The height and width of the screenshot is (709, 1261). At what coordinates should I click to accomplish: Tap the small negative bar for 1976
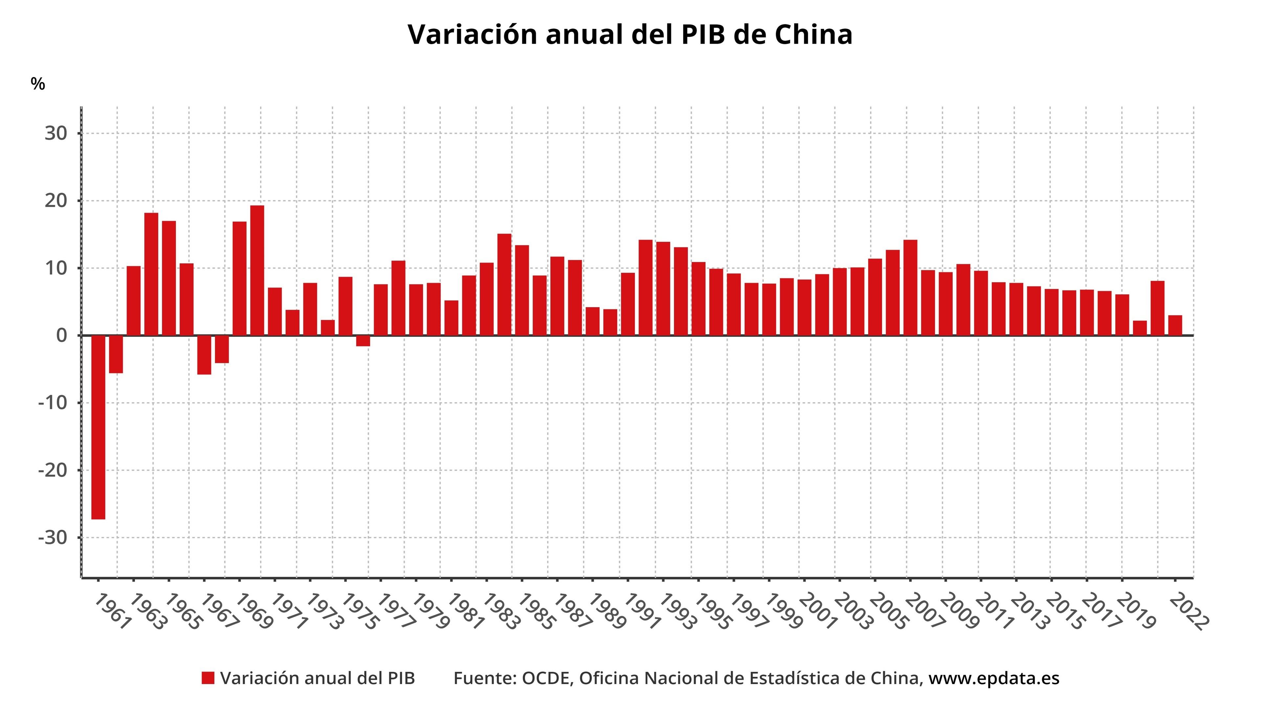[x=363, y=341]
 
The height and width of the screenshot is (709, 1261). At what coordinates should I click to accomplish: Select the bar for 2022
[x=1175, y=325]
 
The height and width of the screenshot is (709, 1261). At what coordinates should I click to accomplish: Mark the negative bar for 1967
[x=204, y=355]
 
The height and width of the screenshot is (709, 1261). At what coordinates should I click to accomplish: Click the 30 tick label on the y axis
[x=56, y=133]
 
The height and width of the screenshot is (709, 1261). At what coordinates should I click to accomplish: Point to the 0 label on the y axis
[x=62, y=336]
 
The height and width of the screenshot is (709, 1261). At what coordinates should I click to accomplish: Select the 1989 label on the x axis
[x=607, y=612]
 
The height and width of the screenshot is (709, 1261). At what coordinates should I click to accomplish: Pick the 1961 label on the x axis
[x=113, y=612]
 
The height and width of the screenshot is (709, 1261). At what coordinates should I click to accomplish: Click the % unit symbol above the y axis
[x=38, y=84]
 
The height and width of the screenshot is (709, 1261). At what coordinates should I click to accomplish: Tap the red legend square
[x=208, y=678]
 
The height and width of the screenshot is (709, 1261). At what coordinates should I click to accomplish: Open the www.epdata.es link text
[x=994, y=678]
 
